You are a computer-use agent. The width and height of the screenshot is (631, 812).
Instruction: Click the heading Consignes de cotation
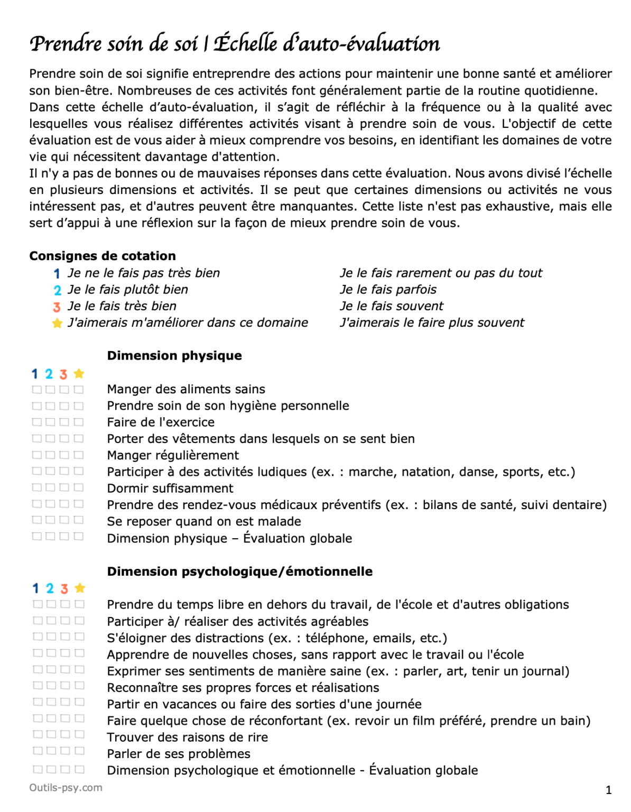[x=103, y=256]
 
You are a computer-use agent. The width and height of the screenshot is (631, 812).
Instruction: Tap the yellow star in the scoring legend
[x=57, y=323]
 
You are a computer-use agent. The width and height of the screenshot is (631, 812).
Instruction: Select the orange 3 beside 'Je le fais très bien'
[x=57, y=307]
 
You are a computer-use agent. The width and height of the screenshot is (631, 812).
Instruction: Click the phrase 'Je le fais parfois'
[x=388, y=290]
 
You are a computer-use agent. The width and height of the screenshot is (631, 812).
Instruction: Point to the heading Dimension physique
[x=174, y=356]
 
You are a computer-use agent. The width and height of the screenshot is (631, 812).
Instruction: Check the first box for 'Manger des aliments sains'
[x=36, y=390]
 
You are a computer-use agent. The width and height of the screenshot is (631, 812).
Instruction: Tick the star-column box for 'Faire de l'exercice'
[x=78, y=422]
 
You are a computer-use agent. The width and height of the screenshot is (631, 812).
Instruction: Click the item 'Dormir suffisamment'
[x=170, y=488]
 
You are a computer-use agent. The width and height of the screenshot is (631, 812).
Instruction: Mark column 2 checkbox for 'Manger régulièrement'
[x=50, y=455]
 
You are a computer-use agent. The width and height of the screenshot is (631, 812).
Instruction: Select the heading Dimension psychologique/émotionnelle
[x=239, y=571]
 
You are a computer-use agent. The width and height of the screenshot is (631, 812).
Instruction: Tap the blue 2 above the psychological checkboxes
[x=50, y=588]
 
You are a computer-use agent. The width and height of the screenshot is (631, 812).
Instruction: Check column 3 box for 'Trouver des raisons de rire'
[x=65, y=734]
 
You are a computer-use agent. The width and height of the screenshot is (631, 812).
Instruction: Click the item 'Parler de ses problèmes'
[x=179, y=754]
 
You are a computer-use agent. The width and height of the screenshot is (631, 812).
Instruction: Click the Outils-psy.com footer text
[x=66, y=788]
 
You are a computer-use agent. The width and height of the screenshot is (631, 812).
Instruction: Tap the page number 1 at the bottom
[x=608, y=790]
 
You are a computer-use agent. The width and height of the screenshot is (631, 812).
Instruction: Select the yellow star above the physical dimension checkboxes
[x=79, y=374]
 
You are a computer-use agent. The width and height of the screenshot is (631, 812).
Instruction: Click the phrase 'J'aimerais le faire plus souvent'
[x=432, y=323]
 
